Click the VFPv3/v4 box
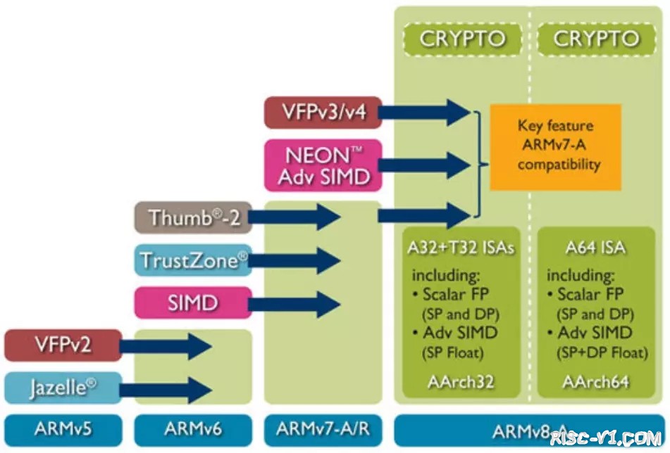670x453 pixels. pyautogui.click(x=323, y=113)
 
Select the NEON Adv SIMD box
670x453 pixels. pyautogui.click(x=323, y=165)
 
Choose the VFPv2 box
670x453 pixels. pyautogui.click(x=63, y=345)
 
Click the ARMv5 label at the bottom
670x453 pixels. pyautogui.click(x=63, y=429)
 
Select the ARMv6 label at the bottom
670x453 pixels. pyautogui.click(x=192, y=429)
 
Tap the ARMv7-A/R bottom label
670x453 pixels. pyautogui.click(x=323, y=429)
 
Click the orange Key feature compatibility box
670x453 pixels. pyautogui.click(x=555, y=146)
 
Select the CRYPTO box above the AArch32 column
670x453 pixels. pyautogui.click(x=462, y=39)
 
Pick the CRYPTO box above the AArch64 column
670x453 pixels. pyautogui.click(x=597, y=39)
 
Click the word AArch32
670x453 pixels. pyautogui.click(x=461, y=381)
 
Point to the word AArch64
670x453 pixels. pyautogui.click(x=595, y=381)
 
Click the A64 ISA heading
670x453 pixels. pyautogui.click(x=595, y=248)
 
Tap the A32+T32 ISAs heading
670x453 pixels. pyautogui.click(x=461, y=248)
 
